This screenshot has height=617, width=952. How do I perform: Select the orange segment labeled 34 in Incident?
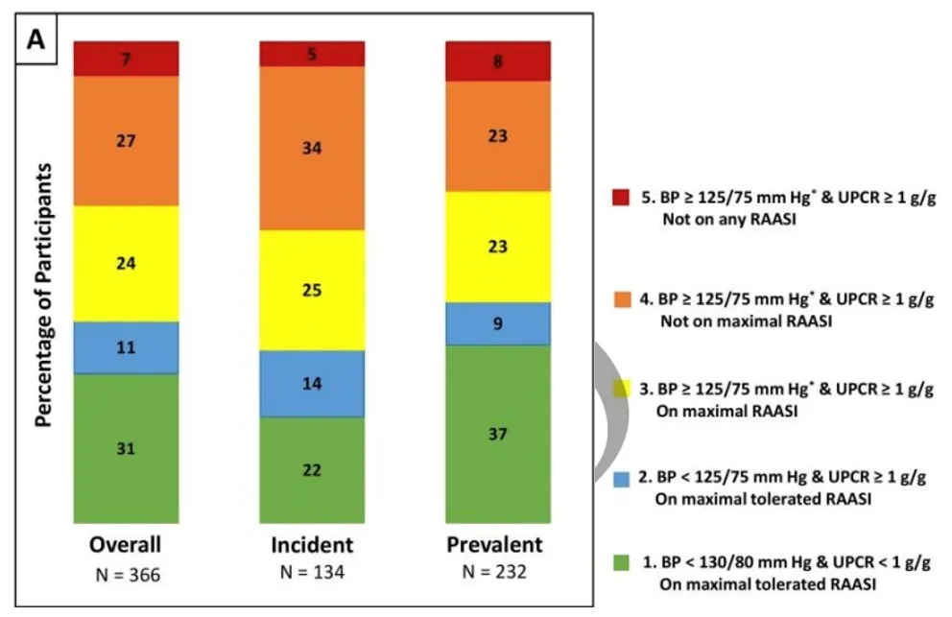(312, 149)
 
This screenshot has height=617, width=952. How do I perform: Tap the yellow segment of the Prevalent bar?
(498, 247)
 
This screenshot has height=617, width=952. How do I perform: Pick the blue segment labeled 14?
(312, 384)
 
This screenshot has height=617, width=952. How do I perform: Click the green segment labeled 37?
(498, 434)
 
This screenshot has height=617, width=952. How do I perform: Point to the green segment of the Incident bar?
(312, 470)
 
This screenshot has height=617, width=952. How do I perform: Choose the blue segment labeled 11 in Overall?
(126, 347)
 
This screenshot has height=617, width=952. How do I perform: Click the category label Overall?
(126, 545)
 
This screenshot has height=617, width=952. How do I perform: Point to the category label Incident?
(312, 545)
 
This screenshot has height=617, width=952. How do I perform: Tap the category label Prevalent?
(495, 545)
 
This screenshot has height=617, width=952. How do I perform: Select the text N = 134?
(312, 575)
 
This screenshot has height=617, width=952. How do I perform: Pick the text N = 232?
(495, 575)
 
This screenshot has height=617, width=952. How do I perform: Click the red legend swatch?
(620, 199)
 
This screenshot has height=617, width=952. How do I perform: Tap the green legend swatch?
(620, 560)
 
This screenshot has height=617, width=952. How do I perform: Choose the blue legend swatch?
(620, 476)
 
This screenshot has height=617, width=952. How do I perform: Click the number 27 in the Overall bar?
(126, 141)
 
